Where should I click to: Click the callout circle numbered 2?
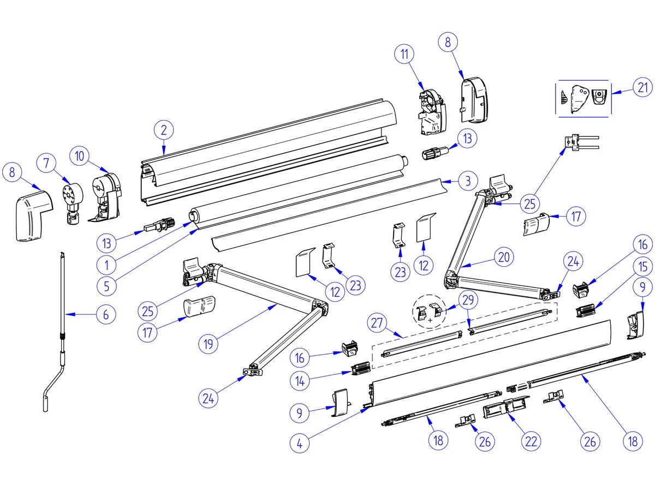click(x=164, y=130)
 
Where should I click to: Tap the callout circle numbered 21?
click(x=643, y=87)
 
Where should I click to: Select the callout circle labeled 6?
click(x=106, y=314)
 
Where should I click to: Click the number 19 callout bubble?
click(x=209, y=344)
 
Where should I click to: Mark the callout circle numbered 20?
click(x=505, y=256)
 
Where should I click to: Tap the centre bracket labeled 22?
click(x=505, y=407)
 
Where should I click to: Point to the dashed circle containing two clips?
click(x=429, y=313)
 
